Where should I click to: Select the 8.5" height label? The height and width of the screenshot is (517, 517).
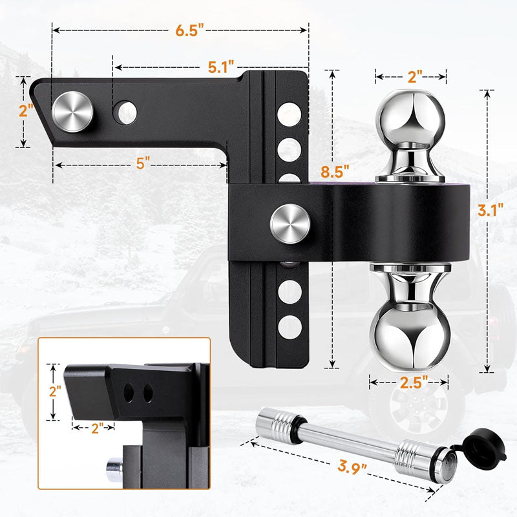point(334,172)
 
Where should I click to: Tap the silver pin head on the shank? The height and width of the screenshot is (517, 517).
point(74,111)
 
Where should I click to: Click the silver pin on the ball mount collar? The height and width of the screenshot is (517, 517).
point(290,224)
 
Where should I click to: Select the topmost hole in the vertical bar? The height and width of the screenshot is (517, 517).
point(288,116)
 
